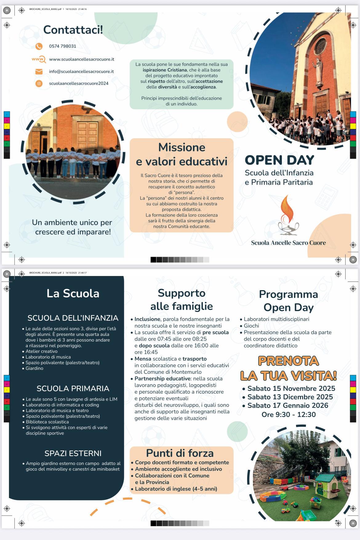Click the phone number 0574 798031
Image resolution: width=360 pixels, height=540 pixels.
(x=62, y=46)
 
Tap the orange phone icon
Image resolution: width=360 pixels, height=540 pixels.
(x=39, y=46)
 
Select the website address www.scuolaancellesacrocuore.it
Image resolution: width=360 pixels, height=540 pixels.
(x=82, y=59)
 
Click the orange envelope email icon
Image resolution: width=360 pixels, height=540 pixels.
(x=39, y=72)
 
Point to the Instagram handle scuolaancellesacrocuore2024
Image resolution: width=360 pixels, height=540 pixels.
(x=78, y=83)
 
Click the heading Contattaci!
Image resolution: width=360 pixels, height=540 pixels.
(x=73, y=30)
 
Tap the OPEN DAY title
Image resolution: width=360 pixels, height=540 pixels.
(x=279, y=160)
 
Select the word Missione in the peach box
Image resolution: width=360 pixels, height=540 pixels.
(x=182, y=147)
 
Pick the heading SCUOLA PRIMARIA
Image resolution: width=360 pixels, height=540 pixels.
(x=73, y=389)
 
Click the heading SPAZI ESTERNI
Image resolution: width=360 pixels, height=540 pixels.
(x=73, y=453)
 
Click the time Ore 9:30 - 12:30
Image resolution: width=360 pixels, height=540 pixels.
(x=289, y=414)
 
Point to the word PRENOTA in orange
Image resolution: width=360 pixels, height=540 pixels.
(x=288, y=361)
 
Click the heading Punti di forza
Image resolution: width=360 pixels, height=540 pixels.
(x=180, y=453)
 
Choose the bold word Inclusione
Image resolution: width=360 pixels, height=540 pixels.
(x=147, y=319)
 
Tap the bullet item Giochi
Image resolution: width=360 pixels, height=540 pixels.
(x=251, y=326)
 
